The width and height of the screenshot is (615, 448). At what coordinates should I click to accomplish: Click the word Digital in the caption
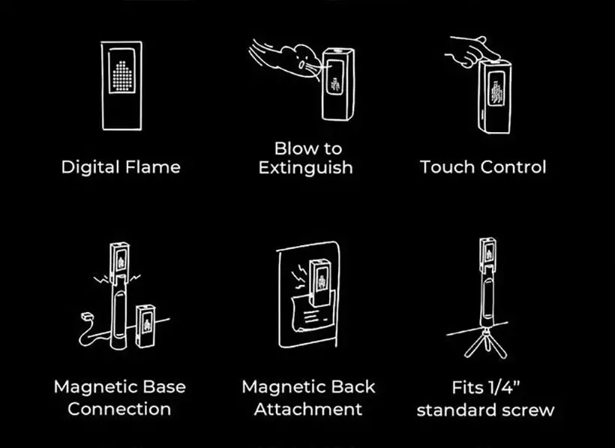(x=90, y=167)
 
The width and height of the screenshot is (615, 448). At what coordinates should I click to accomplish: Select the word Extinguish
(x=305, y=167)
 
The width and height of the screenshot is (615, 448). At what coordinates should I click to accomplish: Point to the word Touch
(x=448, y=167)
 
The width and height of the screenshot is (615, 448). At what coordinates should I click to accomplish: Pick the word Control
(x=514, y=167)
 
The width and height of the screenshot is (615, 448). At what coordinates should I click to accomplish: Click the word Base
(x=164, y=386)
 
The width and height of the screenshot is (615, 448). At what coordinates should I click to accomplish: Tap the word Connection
(x=119, y=409)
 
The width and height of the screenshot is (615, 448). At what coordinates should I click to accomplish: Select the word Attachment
(x=308, y=409)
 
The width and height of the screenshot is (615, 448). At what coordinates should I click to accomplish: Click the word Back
(x=353, y=386)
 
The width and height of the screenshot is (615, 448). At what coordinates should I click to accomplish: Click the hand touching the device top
(x=472, y=50)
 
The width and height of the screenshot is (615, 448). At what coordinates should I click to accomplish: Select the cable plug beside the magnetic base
(x=86, y=316)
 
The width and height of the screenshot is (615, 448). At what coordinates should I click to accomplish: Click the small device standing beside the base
(x=145, y=326)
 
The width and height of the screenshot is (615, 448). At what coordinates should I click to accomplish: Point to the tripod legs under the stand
(x=485, y=344)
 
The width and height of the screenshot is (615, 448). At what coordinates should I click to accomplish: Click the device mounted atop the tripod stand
(x=488, y=252)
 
